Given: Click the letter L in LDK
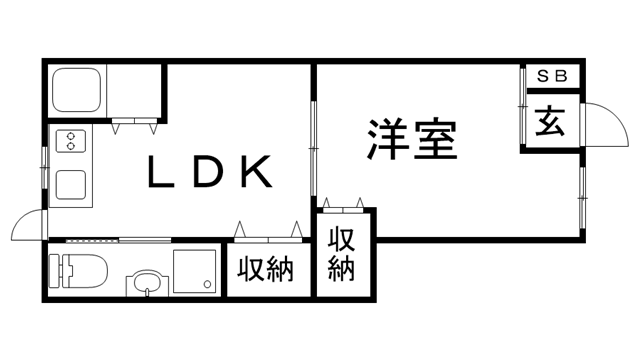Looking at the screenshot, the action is tap(161, 173).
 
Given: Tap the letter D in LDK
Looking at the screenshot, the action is tap(208, 173).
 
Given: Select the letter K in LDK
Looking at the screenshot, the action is tap(255, 173).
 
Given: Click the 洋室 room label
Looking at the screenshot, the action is tap(411, 140).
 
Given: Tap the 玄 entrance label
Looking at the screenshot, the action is tap(550, 122).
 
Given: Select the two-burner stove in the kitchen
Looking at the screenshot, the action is tap(71, 142).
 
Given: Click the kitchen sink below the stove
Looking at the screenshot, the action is tap(71, 184).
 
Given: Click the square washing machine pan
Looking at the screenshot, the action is tap(194, 271).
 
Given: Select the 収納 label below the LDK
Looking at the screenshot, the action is tap(266, 269).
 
